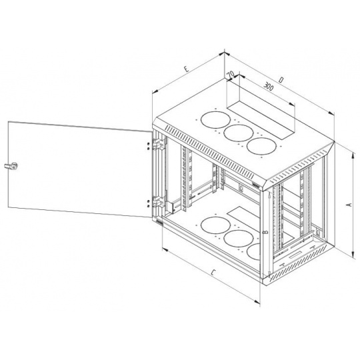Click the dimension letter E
coord(187,69)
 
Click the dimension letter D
coord(281,80)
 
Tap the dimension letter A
coord(349,205)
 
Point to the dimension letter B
coord(265,232)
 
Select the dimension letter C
coord(213,273)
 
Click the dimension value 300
coord(269,86)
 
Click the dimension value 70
coord(231,74)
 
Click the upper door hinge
coord(159,145)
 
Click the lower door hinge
coord(159,202)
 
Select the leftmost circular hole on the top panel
coord(215,119)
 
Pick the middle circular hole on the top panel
coord(239,133)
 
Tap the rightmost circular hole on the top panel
coord(261,146)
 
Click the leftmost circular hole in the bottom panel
coord(215,225)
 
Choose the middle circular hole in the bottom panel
coord(239,238)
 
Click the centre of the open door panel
coord(80,169)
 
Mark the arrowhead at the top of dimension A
coord(352,155)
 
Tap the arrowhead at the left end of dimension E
coord(155,91)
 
